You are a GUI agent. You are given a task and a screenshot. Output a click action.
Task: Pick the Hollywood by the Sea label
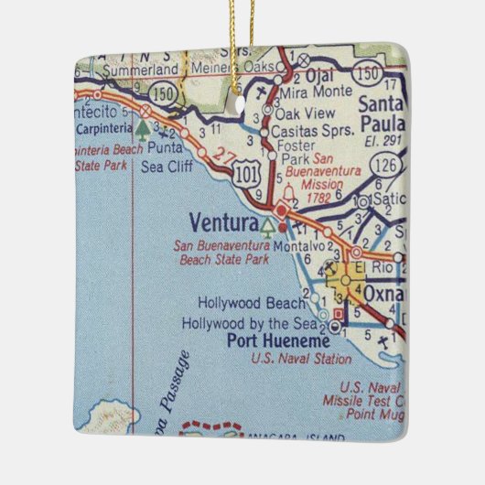(249, 323)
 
